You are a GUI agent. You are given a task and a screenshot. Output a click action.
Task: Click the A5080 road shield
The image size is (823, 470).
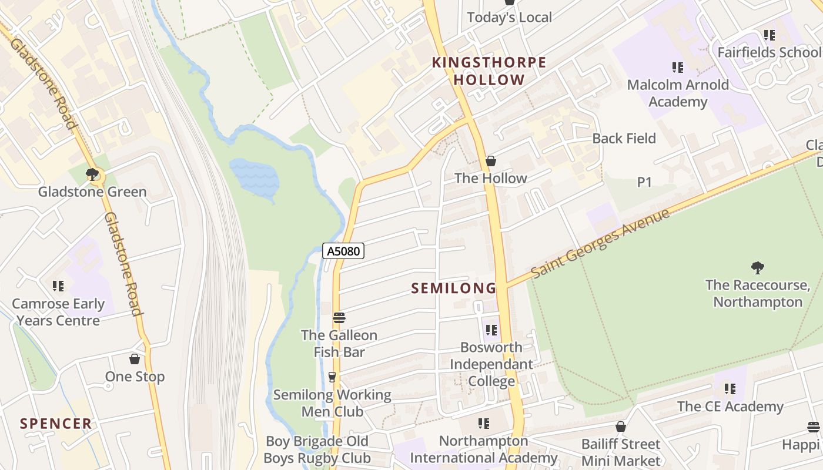[x=344, y=251]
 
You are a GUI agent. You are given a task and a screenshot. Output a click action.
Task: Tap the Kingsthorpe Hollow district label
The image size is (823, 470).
[x=489, y=71]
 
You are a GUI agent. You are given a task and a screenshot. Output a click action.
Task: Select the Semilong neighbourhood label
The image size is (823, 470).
[x=453, y=288]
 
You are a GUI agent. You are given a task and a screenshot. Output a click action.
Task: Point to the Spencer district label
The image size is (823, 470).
[x=56, y=424]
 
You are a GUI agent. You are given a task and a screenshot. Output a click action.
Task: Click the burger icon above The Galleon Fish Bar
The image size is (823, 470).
[x=339, y=318]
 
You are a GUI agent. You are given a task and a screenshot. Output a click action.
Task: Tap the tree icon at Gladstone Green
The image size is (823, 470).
[x=92, y=174]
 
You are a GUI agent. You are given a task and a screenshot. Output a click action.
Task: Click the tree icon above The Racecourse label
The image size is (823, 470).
[x=758, y=268]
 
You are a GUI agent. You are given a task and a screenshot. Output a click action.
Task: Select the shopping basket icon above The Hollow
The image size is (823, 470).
[x=491, y=161]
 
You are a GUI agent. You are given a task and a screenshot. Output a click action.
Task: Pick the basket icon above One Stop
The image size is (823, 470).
[x=135, y=359]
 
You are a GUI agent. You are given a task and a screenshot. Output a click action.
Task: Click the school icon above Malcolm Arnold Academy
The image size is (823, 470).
[x=678, y=68]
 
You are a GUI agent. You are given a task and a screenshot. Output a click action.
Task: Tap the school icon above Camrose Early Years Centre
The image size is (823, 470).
[x=58, y=286]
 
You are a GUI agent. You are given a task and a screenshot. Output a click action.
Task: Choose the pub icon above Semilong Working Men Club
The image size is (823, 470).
[x=332, y=377]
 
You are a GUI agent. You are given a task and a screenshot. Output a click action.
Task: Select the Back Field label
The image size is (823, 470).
[x=624, y=139]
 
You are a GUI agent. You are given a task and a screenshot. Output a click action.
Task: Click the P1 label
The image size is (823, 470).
[x=645, y=182]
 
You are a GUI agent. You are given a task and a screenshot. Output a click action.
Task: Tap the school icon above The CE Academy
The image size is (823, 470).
[x=730, y=388]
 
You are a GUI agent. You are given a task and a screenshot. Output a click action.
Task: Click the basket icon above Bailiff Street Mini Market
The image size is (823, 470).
[x=621, y=427]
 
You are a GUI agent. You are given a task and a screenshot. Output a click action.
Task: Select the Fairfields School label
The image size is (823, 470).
[x=768, y=52]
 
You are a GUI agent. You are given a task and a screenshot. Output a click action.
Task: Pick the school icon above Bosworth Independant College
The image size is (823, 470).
[x=491, y=330]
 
